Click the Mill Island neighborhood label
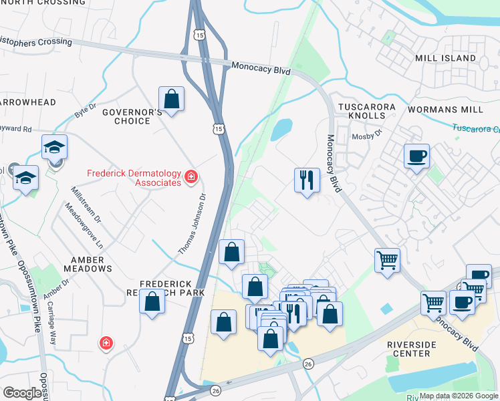pyautogui.click(x=445, y=58)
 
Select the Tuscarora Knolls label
pyautogui.click(x=367, y=111)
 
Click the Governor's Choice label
pyautogui.click(x=132, y=116)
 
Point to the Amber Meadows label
pyautogui.click(x=88, y=263)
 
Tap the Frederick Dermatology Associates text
pyautogui.click(x=134, y=178)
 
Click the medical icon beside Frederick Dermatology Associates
pyautogui.click(x=191, y=177)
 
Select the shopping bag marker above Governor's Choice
pyautogui.click(x=172, y=99)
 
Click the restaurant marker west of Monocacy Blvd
pyautogui.click(x=307, y=180)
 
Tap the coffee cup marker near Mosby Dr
pyautogui.click(x=416, y=156)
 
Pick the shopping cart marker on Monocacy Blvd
pyautogui.click(x=388, y=259)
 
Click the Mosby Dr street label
pyautogui.click(x=366, y=136)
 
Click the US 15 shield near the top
pyautogui.click(x=200, y=34)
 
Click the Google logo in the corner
pyautogui.click(x=22, y=393)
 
